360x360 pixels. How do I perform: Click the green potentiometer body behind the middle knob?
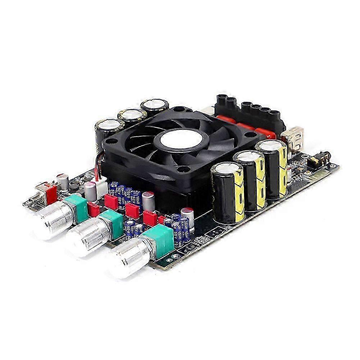[111, 223]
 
